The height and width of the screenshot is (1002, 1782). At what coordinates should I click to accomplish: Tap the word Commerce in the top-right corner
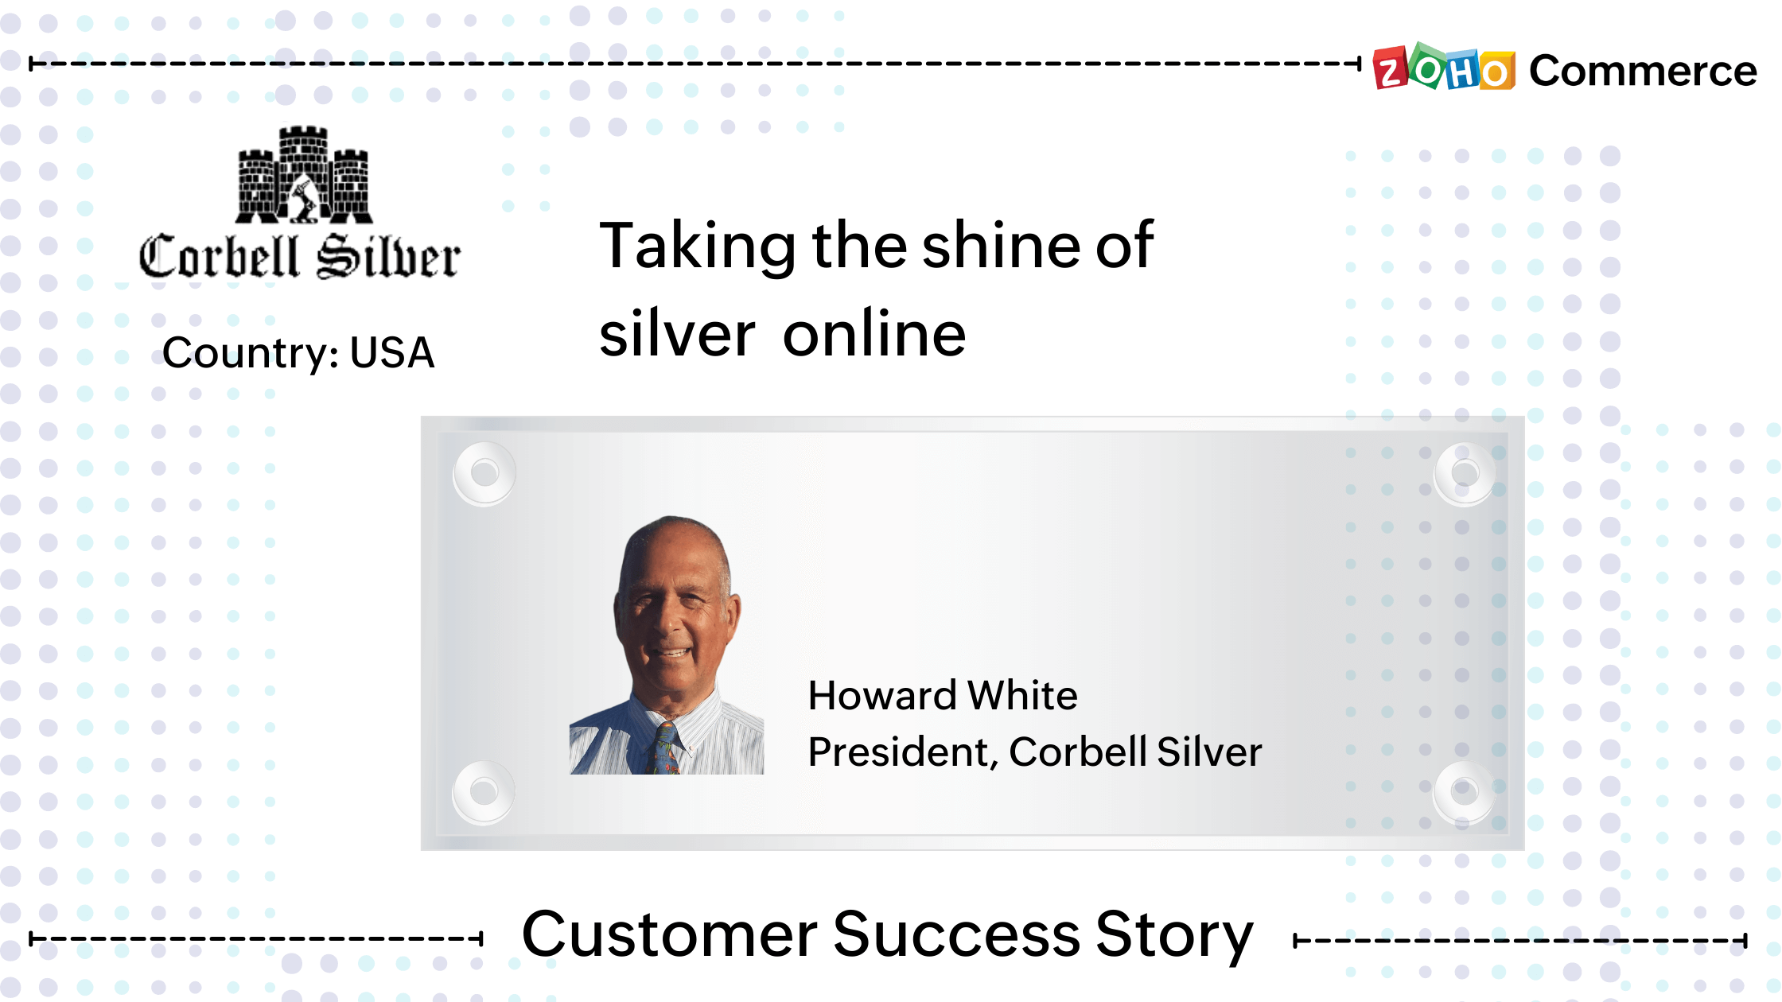[x=1643, y=72]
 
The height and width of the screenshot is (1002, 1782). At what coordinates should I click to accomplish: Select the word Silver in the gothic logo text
[x=388, y=257]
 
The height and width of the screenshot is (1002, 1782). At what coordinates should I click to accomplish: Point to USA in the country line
[x=392, y=352]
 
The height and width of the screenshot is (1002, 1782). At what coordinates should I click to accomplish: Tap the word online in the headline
[x=874, y=334]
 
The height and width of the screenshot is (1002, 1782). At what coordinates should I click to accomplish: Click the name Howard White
[x=943, y=695]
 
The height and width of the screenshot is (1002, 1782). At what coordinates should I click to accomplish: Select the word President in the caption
[x=898, y=751]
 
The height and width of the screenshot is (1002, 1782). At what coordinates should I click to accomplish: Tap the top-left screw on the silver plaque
[x=484, y=473]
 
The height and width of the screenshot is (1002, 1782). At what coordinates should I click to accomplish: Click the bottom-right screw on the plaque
[x=1465, y=791]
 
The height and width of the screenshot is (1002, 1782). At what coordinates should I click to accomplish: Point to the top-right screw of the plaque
[x=1465, y=473]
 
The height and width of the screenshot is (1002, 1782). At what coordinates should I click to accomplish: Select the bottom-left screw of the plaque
[x=484, y=791]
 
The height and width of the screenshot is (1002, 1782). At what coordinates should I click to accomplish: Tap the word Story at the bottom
[x=1174, y=935]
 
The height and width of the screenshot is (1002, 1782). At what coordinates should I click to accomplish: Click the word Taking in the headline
[x=697, y=246]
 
